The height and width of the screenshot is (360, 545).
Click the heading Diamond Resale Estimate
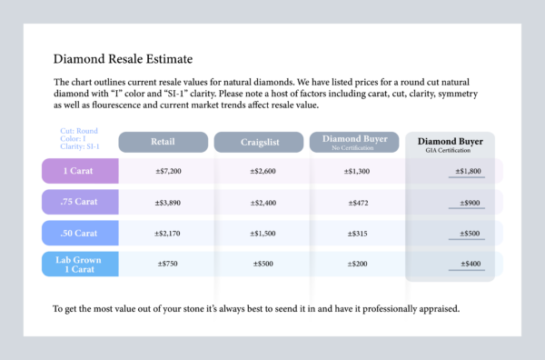[x=123, y=60]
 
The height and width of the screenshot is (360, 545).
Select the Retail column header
[x=163, y=142]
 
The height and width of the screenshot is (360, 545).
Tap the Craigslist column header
[x=258, y=142]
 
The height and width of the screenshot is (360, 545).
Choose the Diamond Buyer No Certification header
[x=354, y=141]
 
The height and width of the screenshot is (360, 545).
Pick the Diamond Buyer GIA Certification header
[x=451, y=145]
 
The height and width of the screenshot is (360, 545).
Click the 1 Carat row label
[x=80, y=170]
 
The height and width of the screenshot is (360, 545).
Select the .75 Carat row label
[x=80, y=202]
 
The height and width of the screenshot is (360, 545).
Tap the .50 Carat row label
[x=80, y=233]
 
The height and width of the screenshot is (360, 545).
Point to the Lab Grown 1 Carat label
[x=80, y=264]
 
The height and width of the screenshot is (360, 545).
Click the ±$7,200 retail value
[x=169, y=170]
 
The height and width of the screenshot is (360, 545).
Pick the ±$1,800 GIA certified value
[x=464, y=170]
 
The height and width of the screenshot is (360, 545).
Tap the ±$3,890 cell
[x=169, y=202]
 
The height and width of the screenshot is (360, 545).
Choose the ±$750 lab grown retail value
[x=169, y=264]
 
